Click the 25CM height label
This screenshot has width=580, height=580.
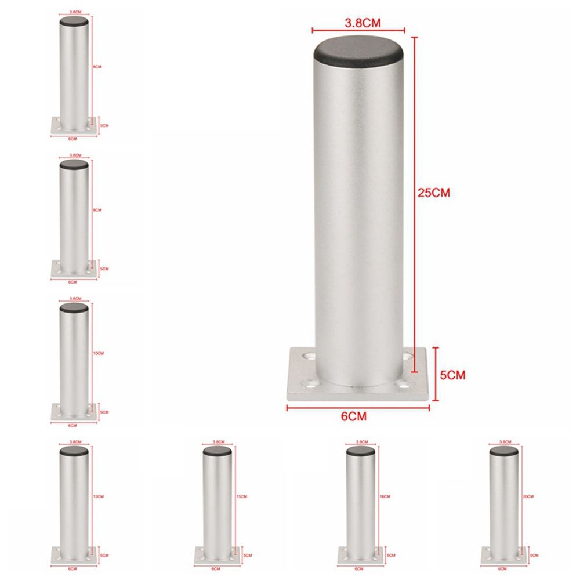[x=434, y=193]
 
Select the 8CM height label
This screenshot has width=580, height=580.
[x=97, y=210]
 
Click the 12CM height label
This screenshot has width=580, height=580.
[x=98, y=496]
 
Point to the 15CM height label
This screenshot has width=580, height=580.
[x=242, y=497]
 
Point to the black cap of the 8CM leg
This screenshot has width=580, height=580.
[x=74, y=165]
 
